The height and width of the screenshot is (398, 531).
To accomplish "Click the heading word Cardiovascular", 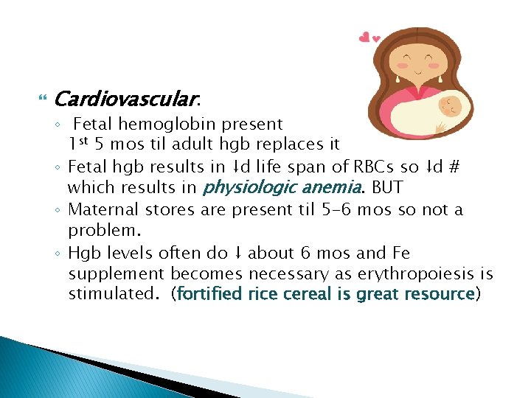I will pos(125,99).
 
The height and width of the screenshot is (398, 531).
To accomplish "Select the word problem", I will pos(101,231).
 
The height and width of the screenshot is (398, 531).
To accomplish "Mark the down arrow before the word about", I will pos(237,254).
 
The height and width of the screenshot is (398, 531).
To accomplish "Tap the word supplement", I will pos(117,274).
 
